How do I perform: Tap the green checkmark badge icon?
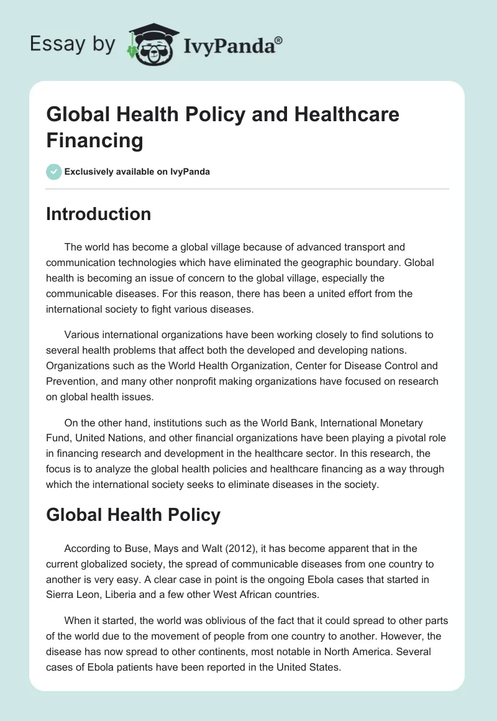[x=54, y=172]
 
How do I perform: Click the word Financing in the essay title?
[x=94, y=140]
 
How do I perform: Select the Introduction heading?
[x=98, y=214]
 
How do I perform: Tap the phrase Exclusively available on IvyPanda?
[x=137, y=172]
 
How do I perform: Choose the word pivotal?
[x=370, y=438]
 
